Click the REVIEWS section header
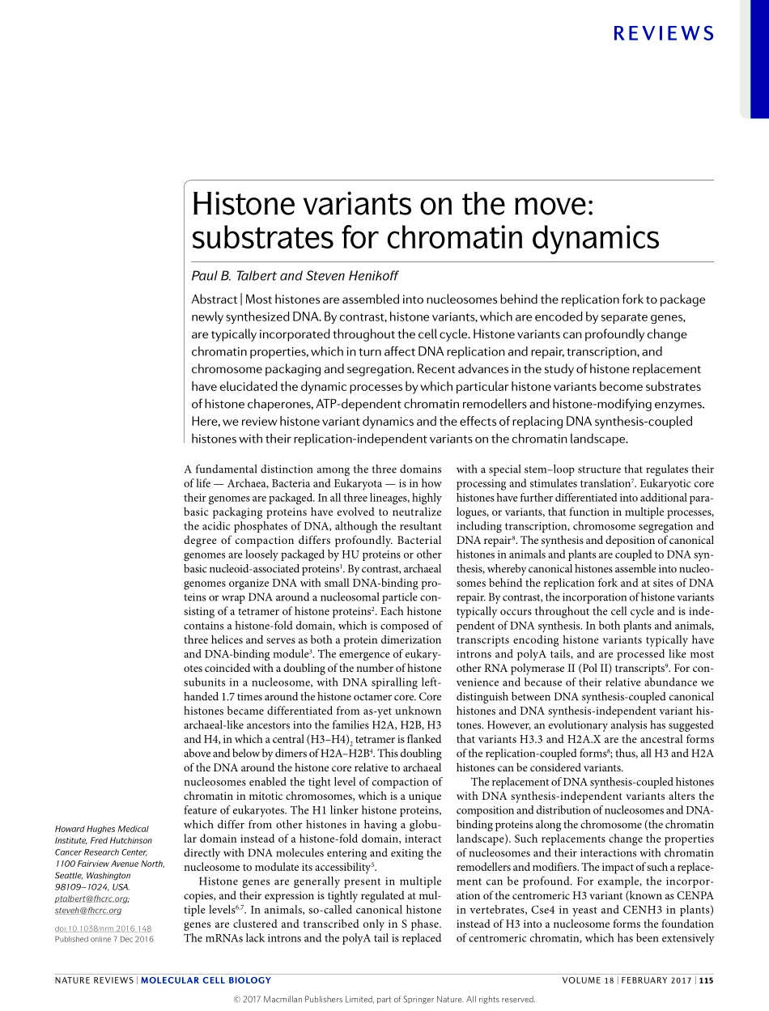pos(664,33)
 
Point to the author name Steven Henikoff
pos(352,276)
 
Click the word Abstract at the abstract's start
pos(214,299)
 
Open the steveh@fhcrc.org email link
pos(87,910)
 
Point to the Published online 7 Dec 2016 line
pos(104,939)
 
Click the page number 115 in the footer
pos(706,980)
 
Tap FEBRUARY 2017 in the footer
pos(656,980)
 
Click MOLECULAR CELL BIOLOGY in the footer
pos(206,980)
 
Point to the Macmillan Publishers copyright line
pos(384,999)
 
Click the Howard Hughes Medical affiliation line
pos(101,829)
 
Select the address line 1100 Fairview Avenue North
pos(108,864)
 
